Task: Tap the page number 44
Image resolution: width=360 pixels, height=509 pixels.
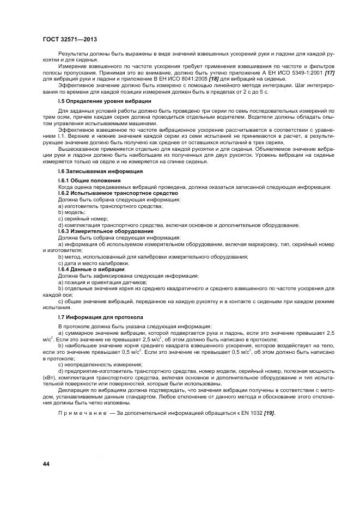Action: click(47, 463)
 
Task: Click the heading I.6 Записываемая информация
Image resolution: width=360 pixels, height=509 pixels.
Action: click(93, 171)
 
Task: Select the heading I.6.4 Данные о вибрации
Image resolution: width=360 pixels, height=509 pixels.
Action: click(91, 269)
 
